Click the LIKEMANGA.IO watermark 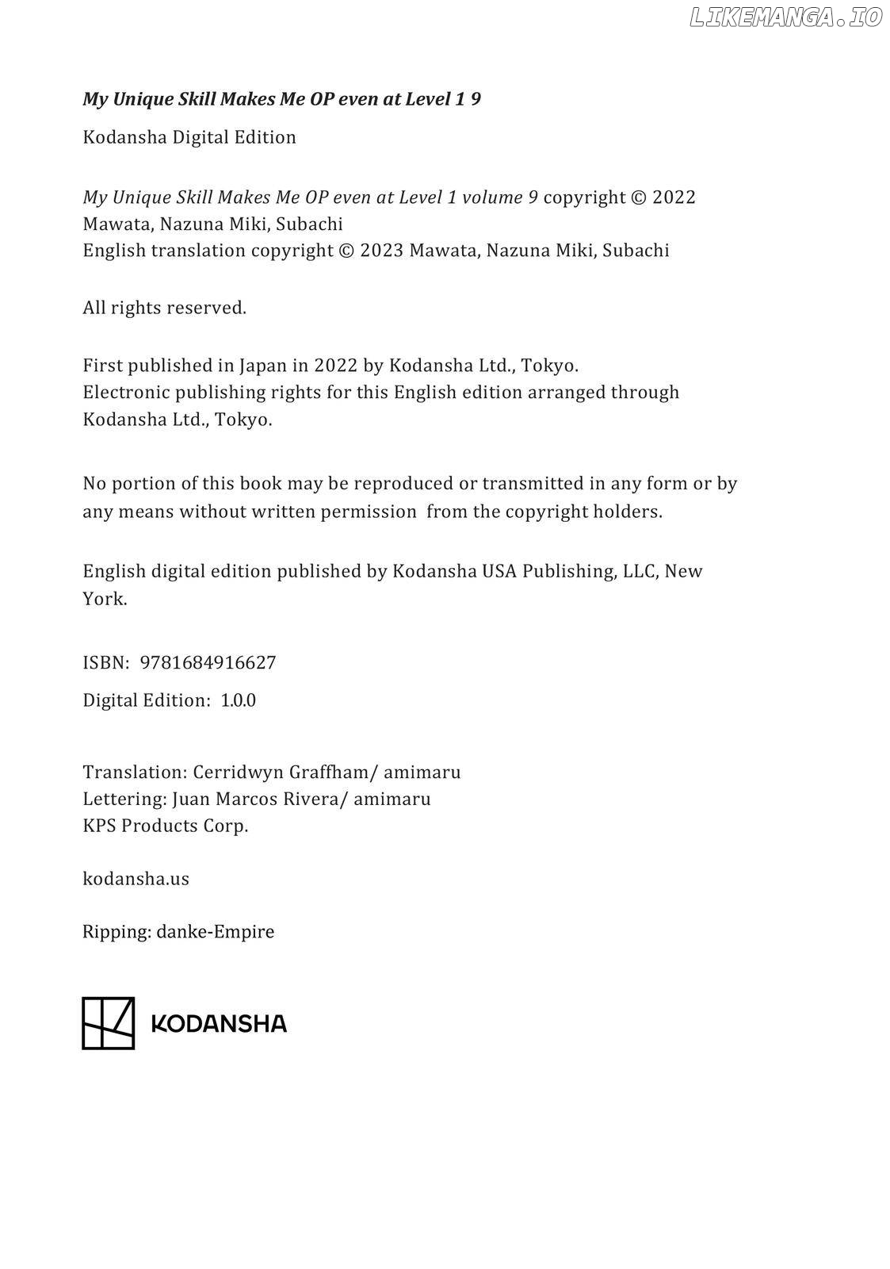[x=785, y=18]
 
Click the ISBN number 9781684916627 [x=208, y=662]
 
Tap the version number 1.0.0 [x=238, y=700]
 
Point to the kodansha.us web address [x=136, y=879]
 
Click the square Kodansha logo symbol [x=109, y=1023]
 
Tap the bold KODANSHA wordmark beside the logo [x=218, y=1024]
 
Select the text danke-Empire [x=215, y=931]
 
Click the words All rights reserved [x=164, y=308]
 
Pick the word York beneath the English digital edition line [x=104, y=599]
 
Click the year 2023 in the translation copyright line [x=381, y=251]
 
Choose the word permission [x=368, y=512]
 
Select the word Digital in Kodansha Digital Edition [x=201, y=137]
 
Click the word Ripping [x=116, y=932]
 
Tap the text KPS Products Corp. [x=165, y=826]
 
